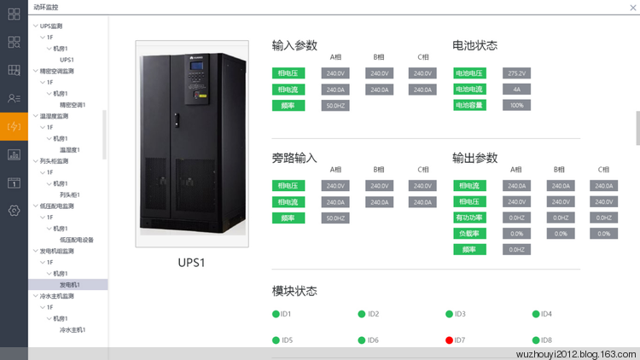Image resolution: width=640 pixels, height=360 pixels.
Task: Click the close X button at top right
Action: coord(631,6)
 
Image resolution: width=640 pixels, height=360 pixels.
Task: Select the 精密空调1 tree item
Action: coord(73,105)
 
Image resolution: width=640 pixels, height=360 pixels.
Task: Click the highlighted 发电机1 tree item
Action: coord(70,285)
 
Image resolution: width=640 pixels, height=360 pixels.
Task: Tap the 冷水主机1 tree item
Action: coord(73,329)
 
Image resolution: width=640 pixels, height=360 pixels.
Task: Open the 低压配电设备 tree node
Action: coord(77,240)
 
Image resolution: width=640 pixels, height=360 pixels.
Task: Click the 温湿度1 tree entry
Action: coord(70,149)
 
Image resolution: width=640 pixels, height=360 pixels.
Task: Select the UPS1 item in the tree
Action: coord(67,60)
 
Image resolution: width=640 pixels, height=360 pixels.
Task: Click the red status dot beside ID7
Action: coord(449,340)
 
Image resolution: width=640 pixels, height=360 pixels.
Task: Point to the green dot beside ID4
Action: coord(536,314)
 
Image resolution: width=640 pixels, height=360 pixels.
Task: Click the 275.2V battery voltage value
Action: coord(516,73)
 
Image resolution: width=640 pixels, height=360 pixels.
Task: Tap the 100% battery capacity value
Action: coord(516,105)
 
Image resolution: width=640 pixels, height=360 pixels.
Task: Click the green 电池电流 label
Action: coord(469,89)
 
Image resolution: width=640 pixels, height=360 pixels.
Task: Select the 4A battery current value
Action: coord(516,89)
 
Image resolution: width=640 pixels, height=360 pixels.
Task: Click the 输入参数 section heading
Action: coord(294,45)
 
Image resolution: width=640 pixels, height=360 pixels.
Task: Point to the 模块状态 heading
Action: coord(294,291)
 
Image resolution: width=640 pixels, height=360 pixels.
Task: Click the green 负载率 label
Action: coord(469,233)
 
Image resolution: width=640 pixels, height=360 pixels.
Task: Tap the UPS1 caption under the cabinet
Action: coord(192,263)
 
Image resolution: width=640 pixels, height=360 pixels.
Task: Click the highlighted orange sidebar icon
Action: coord(14,127)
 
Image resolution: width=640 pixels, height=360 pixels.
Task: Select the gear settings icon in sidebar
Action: coord(14,211)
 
